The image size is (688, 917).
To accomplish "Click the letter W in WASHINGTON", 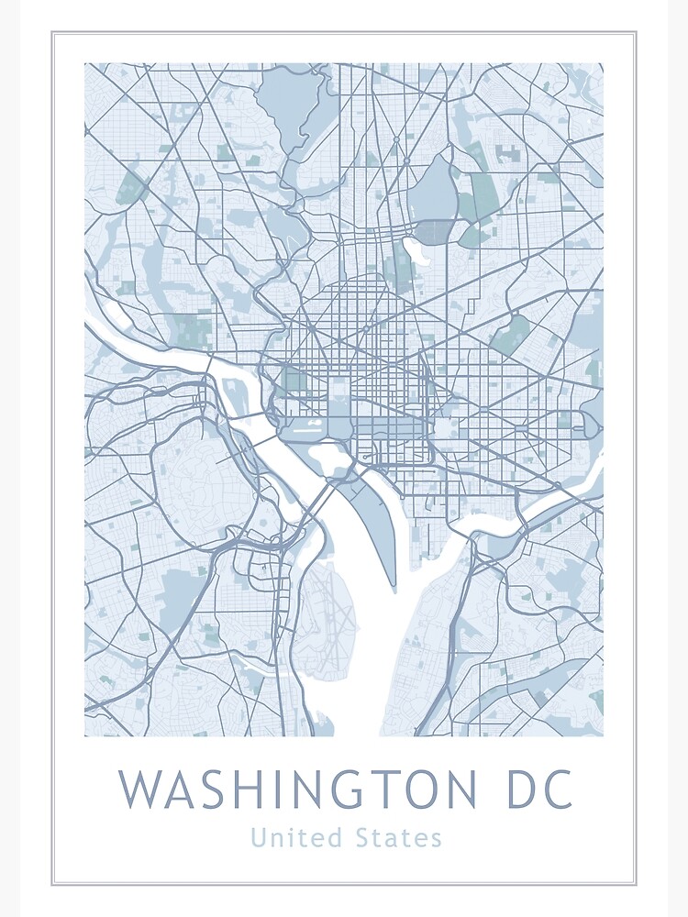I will coord(140,789).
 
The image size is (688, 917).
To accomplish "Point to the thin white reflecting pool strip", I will coord(309,425).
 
